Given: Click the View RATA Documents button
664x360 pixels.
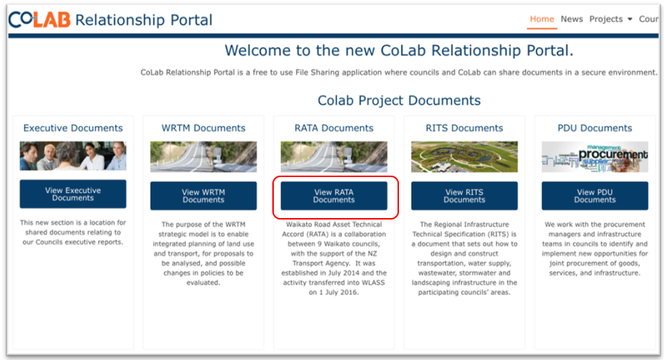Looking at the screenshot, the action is click(334, 196).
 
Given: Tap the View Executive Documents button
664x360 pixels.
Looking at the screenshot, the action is click(72, 194).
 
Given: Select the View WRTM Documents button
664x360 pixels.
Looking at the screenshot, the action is click(204, 196).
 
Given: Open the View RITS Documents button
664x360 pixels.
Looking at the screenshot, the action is click(464, 196).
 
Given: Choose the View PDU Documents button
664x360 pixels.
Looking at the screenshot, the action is click(594, 196).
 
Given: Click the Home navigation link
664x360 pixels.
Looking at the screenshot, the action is click(542, 19).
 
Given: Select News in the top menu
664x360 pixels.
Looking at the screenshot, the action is click(572, 19).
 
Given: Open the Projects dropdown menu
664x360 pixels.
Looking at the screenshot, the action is click(611, 20).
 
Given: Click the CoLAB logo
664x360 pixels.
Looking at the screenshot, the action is click(40, 20).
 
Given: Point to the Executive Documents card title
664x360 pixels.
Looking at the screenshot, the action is click(72, 128).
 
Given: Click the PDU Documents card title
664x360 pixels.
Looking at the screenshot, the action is click(594, 128).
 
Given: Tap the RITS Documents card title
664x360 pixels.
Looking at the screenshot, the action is click(464, 128).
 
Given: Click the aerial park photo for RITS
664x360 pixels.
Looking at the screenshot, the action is click(464, 157).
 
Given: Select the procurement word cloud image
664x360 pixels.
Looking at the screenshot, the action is click(594, 157).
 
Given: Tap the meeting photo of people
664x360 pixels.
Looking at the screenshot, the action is click(72, 156).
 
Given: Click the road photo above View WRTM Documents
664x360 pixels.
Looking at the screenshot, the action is click(204, 157).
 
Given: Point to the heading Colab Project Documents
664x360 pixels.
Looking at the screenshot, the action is click(399, 101).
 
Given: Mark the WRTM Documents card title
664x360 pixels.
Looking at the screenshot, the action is click(204, 128).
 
